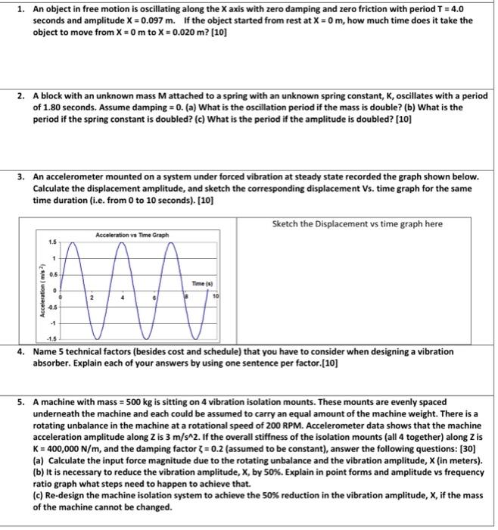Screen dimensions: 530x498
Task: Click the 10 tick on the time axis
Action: click(214, 297)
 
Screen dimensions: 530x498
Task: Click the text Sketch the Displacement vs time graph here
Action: click(356, 223)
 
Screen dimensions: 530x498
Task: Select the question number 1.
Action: click(23, 10)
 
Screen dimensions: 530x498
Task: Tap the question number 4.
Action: click(23, 352)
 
